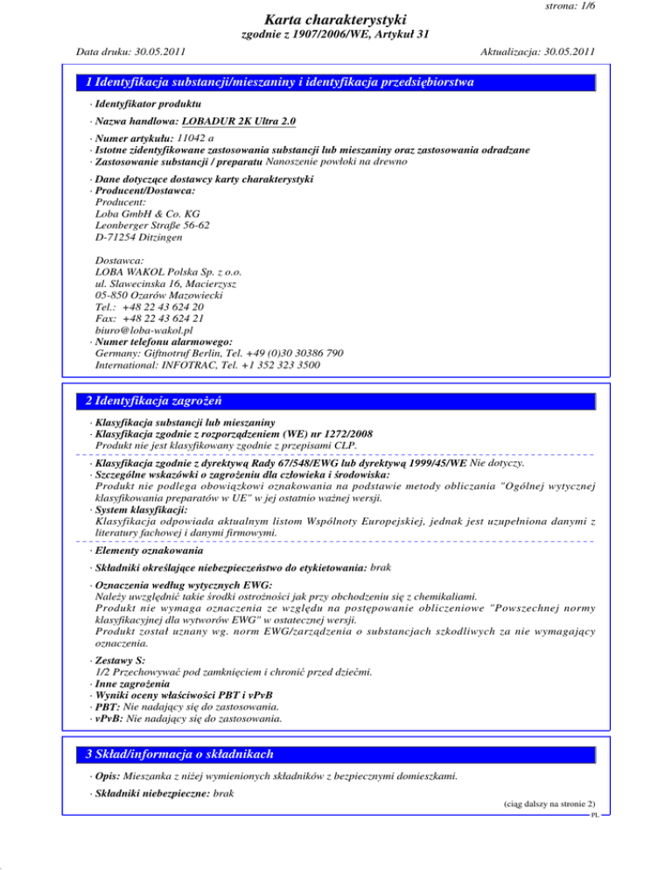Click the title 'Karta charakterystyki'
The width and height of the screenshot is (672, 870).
pos(335,19)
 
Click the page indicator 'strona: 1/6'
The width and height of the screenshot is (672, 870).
pos(563,6)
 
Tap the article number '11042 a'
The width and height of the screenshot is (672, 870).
pos(198,137)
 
